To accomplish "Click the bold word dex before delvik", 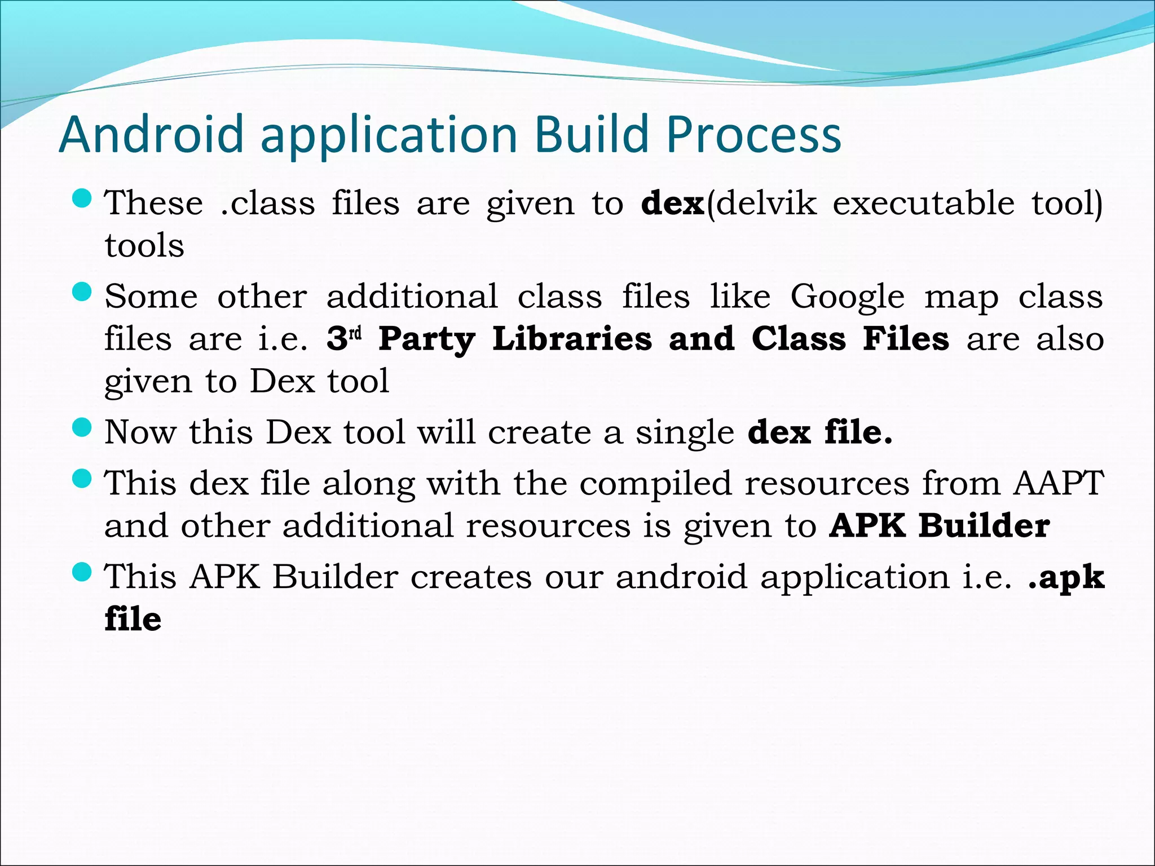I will (673, 203).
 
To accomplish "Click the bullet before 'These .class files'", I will (82, 198).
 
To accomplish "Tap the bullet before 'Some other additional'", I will (82, 292).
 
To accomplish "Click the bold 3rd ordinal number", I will (343, 338).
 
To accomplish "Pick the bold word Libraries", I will (572, 339).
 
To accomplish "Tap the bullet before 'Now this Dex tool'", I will (82, 427).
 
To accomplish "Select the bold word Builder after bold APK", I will (984, 525).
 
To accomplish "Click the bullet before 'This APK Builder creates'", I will (82, 572).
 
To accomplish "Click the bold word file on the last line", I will (133, 619).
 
